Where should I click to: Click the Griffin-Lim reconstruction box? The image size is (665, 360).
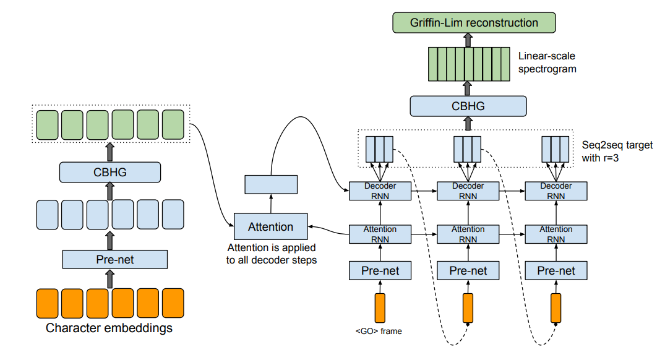(x=474, y=23)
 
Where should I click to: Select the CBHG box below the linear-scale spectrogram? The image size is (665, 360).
(x=468, y=106)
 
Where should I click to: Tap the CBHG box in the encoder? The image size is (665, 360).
(x=110, y=172)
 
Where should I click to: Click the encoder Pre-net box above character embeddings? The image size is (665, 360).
(x=115, y=259)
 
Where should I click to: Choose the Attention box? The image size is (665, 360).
(x=270, y=227)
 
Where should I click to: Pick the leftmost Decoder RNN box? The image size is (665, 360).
(x=380, y=191)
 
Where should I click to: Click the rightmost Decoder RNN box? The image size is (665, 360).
(x=556, y=191)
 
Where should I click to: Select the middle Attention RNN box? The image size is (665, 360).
(x=468, y=234)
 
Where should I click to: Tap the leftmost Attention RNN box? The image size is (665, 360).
(x=380, y=234)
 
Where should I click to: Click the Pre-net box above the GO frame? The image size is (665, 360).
(x=380, y=270)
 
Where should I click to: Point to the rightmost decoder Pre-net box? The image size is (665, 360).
(x=556, y=270)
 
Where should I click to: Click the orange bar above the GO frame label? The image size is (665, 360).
(x=380, y=307)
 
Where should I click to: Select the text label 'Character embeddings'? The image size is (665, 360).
(x=109, y=328)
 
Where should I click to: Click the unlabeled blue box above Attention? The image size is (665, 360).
(x=271, y=184)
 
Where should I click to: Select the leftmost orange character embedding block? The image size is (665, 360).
(x=47, y=302)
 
